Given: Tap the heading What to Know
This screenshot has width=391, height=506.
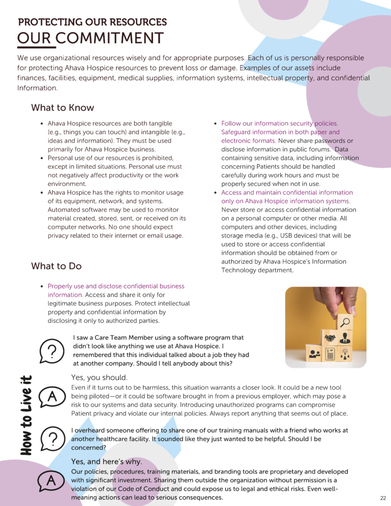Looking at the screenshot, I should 62,108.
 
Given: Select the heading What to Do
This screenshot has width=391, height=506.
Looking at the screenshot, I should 56,266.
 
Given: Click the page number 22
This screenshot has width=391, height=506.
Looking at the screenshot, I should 383,498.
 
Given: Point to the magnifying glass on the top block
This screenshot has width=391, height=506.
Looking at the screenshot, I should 346,322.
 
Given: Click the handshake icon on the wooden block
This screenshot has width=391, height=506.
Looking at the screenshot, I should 330,338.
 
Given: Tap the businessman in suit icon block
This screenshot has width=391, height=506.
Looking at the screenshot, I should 345,339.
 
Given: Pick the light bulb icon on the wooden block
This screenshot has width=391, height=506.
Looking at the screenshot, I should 345,354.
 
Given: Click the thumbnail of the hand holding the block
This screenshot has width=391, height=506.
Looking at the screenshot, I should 326,327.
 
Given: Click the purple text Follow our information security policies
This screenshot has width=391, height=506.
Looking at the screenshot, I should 279,124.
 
